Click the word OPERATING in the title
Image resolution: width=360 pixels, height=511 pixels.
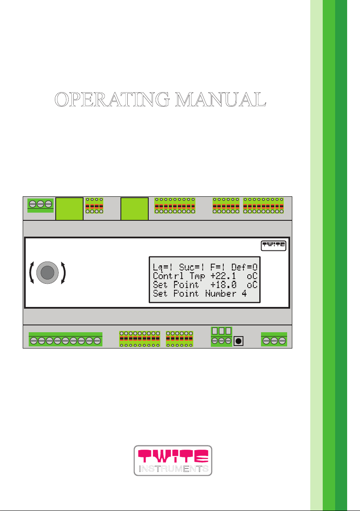tap(112, 99)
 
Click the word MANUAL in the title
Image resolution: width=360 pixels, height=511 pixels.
tap(221, 99)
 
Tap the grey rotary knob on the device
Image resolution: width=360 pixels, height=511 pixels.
tap(47, 273)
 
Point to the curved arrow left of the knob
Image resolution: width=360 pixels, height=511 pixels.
tap(32, 273)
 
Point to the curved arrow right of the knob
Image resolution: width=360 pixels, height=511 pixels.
tap(63, 273)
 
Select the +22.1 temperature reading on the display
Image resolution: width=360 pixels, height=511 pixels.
tap(223, 276)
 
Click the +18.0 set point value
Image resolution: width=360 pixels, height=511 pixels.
tap(223, 285)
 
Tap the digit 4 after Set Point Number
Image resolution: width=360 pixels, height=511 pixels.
tap(244, 294)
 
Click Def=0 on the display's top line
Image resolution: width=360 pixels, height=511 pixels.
tap(244, 267)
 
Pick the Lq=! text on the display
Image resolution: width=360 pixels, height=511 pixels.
tap(163, 267)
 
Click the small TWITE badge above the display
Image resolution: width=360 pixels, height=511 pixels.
tap(274, 246)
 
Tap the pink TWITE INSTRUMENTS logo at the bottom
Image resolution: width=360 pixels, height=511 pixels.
tap(173, 460)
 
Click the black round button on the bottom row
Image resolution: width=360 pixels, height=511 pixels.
tap(238, 341)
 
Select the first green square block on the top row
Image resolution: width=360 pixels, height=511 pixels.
tap(69, 209)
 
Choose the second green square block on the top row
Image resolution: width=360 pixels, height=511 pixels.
tap(135, 209)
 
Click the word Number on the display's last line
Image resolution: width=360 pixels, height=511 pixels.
tap(221, 294)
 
